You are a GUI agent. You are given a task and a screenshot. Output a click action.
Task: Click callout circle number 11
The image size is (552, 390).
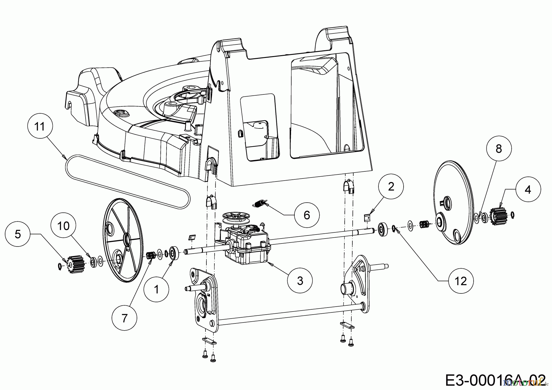(x=40, y=127)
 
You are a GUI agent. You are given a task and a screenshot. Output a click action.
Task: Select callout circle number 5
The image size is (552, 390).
(x=18, y=235)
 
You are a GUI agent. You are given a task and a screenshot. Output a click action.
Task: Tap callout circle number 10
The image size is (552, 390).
(x=63, y=226)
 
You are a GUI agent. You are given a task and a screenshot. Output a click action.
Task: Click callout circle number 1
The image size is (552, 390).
(x=156, y=289)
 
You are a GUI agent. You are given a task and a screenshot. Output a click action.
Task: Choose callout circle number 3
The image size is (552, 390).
(x=300, y=280)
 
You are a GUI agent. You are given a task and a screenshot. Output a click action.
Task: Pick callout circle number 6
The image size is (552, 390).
(x=307, y=215)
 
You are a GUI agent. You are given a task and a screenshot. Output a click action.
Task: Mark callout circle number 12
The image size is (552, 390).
(x=461, y=281)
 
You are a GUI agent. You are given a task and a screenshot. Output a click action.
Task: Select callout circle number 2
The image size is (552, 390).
(x=391, y=187)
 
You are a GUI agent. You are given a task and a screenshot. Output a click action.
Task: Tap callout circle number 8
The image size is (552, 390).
(x=499, y=149)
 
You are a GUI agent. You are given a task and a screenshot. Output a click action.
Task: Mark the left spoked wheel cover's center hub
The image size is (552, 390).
(x=126, y=238)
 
